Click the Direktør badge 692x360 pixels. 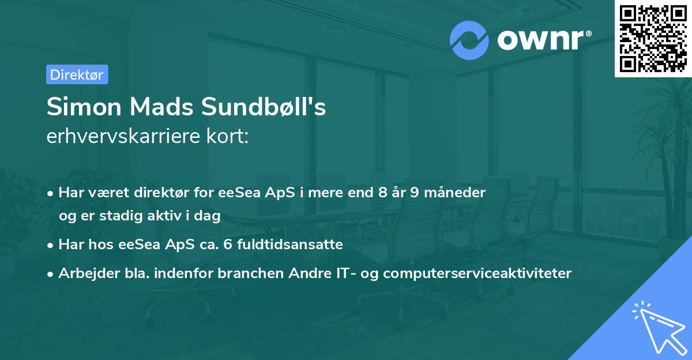click(77, 74)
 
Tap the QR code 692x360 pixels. click(653, 38)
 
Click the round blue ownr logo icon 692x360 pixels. click(469, 40)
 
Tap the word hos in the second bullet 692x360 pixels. click(101, 245)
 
